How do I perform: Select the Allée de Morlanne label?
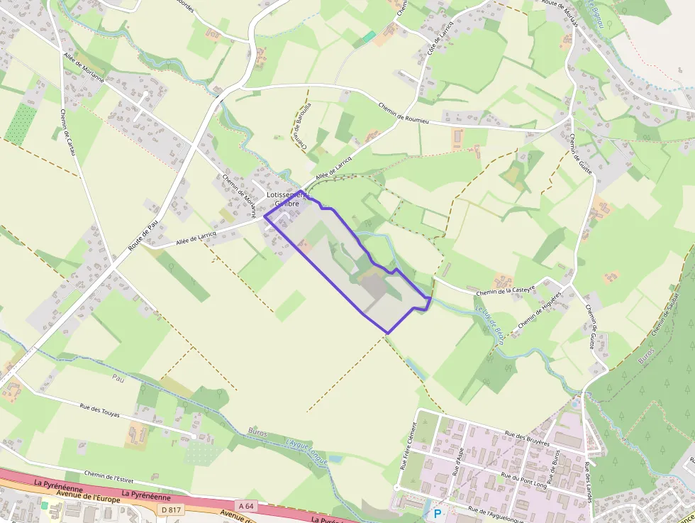(84, 69)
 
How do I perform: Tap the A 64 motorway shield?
(246, 505)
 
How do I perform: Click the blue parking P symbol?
(437, 513)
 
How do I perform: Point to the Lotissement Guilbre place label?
(283, 198)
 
